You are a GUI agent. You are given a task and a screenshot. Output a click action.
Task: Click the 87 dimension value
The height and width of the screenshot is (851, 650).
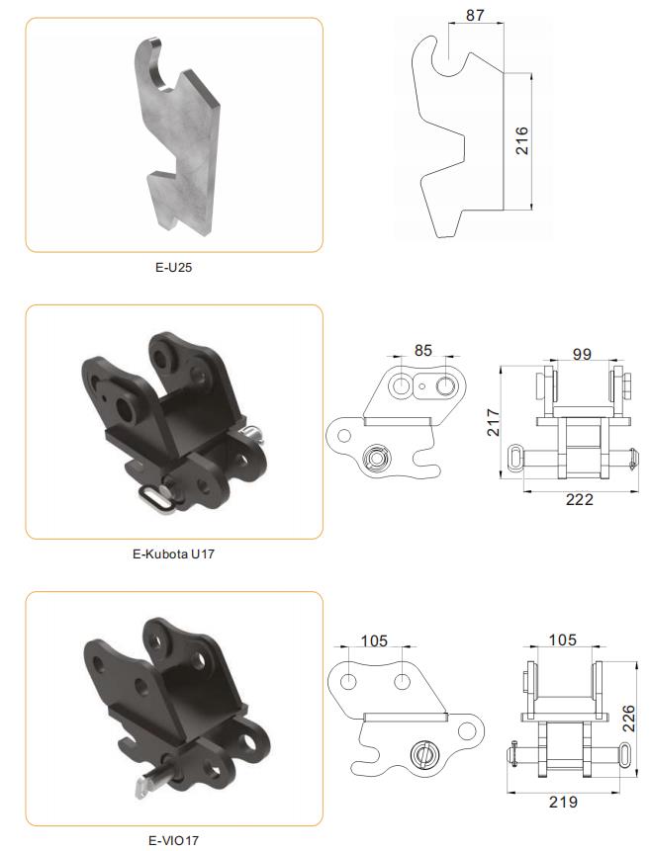pos(475,15)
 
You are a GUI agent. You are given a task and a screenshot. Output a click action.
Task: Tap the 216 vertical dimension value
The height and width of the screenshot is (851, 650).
pos(521,140)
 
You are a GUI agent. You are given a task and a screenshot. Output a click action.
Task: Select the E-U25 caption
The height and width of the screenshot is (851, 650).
pos(173,267)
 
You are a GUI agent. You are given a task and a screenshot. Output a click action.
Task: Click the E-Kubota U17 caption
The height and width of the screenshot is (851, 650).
pos(173,554)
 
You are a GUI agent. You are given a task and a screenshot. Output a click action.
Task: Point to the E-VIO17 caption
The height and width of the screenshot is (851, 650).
pos(173,840)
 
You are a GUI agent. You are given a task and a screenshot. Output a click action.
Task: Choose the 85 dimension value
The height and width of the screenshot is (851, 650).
pos(422,351)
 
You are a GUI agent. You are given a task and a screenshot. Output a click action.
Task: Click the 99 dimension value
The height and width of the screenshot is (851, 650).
pos(582,354)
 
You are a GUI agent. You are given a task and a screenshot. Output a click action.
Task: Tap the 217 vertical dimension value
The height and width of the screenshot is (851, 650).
pos(493,422)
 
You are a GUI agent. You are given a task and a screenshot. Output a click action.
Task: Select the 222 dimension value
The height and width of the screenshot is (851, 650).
pos(580,500)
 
